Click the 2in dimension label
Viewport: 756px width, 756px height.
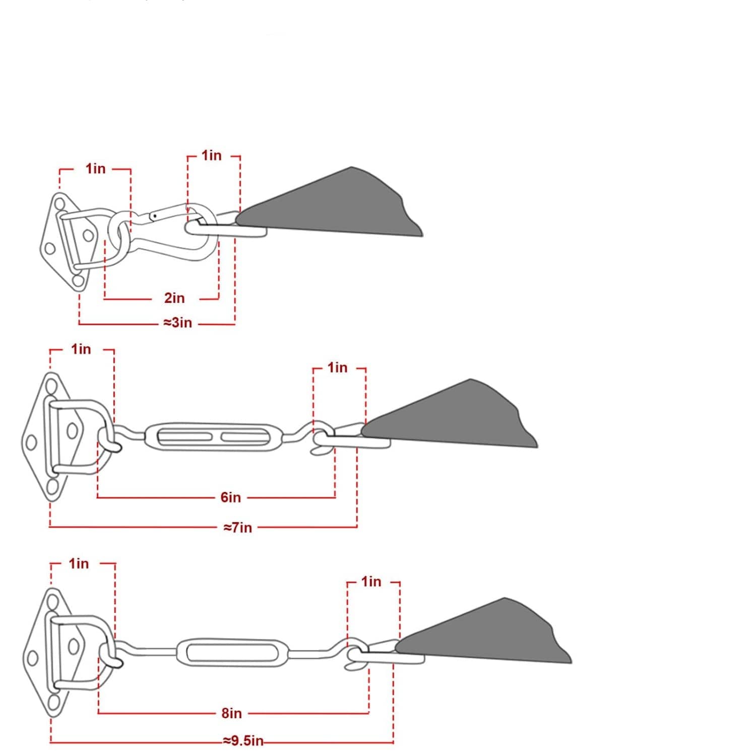tap(174, 298)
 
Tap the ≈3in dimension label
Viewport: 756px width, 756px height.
tap(178, 323)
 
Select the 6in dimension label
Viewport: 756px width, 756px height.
tap(231, 497)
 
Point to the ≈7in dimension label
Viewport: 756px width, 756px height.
tap(237, 528)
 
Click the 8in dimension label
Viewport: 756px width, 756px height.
tap(232, 713)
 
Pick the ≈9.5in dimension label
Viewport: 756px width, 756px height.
tap(243, 741)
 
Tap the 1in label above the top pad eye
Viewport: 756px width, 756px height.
tap(96, 168)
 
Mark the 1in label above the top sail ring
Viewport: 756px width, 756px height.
tap(212, 155)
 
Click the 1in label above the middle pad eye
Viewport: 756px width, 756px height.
tap(81, 349)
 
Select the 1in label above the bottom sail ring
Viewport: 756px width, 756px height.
tap(371, 582)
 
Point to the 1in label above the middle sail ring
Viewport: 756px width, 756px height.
tap(338, 367)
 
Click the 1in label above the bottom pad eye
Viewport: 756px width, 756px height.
tap(79, 563)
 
